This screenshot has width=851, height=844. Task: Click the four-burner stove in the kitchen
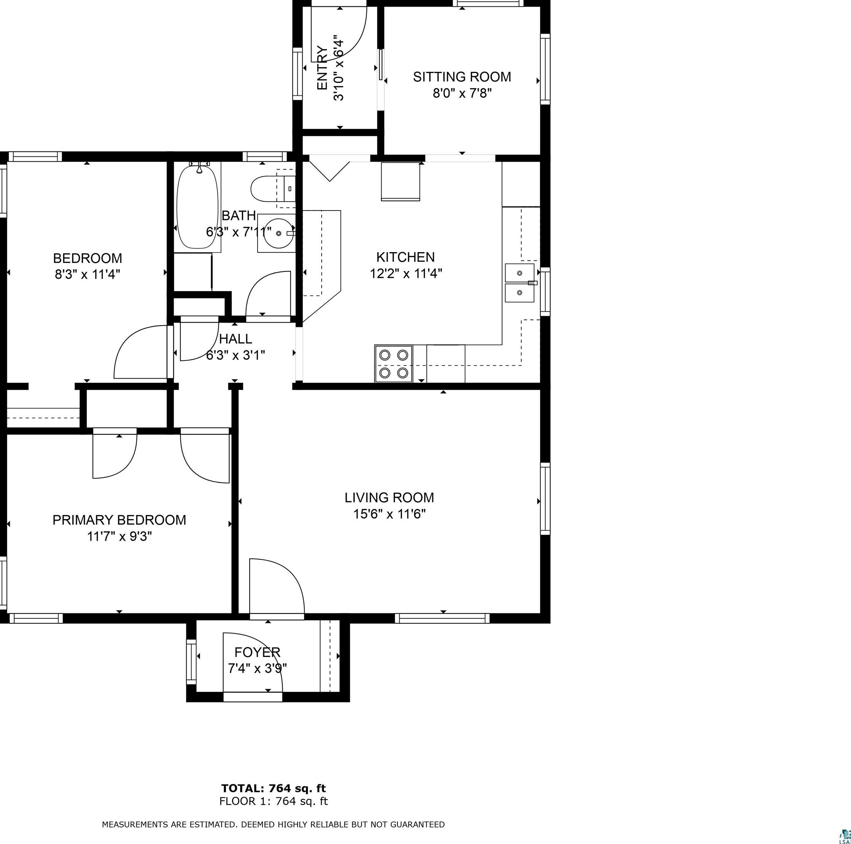(394, 363)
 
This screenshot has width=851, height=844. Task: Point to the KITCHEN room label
(405, 257)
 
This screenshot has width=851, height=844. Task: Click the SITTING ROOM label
(462, 77)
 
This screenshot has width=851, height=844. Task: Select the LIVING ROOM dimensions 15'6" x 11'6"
(390, 514)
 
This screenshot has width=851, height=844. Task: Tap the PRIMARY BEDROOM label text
(119, 520)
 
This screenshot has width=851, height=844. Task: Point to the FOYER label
(257, 652)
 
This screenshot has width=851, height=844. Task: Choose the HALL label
(236, 339)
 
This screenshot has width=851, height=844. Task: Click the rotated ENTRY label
(322, 68)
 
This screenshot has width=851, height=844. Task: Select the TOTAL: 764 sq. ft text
(274, 788)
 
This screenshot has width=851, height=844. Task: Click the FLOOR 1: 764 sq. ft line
(274, 801)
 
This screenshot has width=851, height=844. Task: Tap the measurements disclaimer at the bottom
(274, 825)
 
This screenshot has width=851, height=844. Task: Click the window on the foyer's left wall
(191, 661)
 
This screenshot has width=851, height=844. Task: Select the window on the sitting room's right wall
(545, 69)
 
